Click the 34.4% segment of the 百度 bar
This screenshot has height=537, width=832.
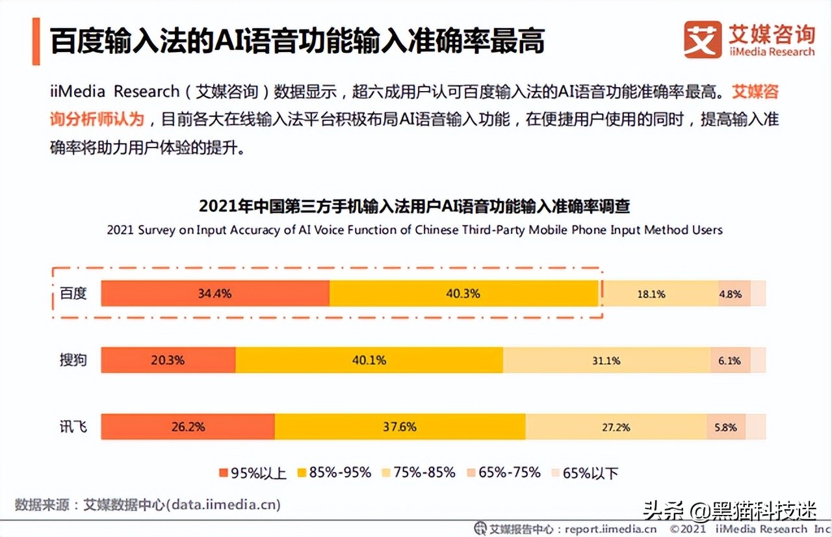pos(215,293)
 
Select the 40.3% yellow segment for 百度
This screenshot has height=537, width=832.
pos(463,293)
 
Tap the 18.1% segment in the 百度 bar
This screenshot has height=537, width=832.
pos(651,294)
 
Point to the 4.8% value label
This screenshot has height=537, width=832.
pos(730,294)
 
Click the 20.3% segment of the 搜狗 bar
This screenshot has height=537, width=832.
pos(168,360)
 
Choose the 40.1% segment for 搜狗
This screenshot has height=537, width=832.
pos(369,360)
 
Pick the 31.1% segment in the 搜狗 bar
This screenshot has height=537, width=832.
pos(606,361)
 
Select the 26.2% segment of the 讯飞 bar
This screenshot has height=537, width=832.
pos(188,427)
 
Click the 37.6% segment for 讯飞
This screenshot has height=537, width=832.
pos(400,427)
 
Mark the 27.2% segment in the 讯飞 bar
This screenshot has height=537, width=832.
pos(615,428)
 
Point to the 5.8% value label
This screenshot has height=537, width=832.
pos(725,428)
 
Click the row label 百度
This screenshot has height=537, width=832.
pos(73,293)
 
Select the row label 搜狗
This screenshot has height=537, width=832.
pos(73,360)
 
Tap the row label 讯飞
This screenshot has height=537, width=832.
pos(73,427)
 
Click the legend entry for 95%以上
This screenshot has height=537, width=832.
pos(253,473)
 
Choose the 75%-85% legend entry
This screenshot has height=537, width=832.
pos(419,473)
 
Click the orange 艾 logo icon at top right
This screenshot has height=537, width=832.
pos(702,40)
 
